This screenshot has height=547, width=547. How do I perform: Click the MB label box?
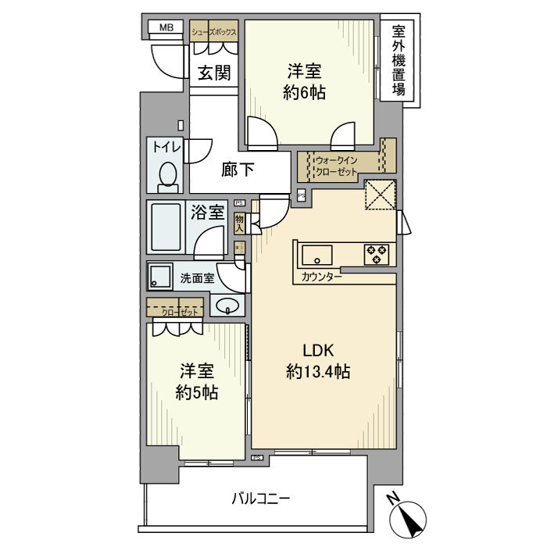[166, 28]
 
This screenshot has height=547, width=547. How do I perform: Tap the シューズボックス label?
[214, 32]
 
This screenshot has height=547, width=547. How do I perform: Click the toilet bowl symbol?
[166, 177]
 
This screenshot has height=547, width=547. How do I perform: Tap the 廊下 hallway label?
[237, 170]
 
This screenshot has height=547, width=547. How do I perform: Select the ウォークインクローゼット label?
[337, 166]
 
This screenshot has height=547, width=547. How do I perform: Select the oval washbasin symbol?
[227, 306]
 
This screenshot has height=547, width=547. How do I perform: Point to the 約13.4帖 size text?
[317, 373]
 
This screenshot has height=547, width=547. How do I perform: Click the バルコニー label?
[261, 497]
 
